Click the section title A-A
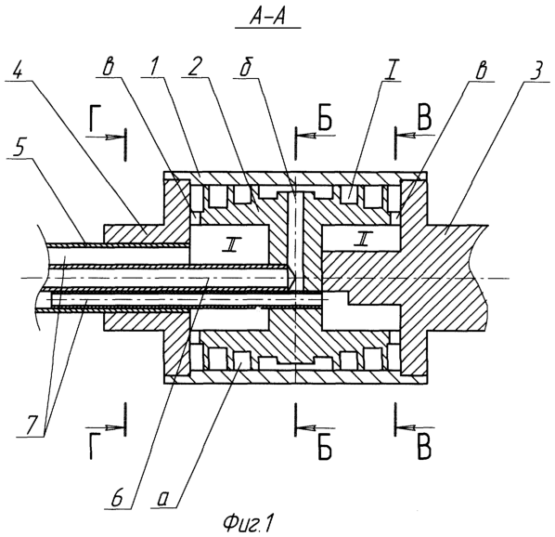[x=268, y=18]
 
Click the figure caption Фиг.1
[x=249, y=523]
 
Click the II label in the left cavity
[x=231, y=245]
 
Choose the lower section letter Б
[x=325, y=449]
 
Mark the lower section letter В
[x=424, y=449]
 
